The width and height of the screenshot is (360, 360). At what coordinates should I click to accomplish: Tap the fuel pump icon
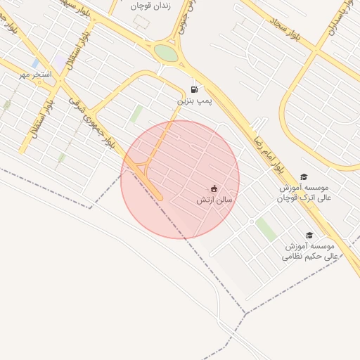[x=194, y=89]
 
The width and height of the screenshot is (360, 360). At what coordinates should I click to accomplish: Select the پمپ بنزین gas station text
[x=193, y=101]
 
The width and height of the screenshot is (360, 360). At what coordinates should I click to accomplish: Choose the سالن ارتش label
[x=214, y=200]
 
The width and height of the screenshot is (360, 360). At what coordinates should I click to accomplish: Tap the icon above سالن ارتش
[x=214, y=188]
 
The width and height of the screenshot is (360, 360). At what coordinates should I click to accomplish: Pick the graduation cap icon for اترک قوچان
[x=304, y=177]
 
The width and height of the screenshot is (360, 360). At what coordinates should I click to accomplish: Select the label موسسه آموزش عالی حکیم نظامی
[x=310, y=252]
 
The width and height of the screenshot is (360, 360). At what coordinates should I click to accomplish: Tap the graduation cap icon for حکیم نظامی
[x=309, y=236]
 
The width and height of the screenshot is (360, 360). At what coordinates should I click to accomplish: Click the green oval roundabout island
[x=166, y=53]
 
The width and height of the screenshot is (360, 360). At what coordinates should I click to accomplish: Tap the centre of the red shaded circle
[x=180, y=179]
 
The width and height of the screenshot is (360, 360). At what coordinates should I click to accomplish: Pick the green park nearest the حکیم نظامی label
[x=266, y=229]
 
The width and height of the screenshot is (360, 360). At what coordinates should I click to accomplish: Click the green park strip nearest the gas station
[x=136, y=114]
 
